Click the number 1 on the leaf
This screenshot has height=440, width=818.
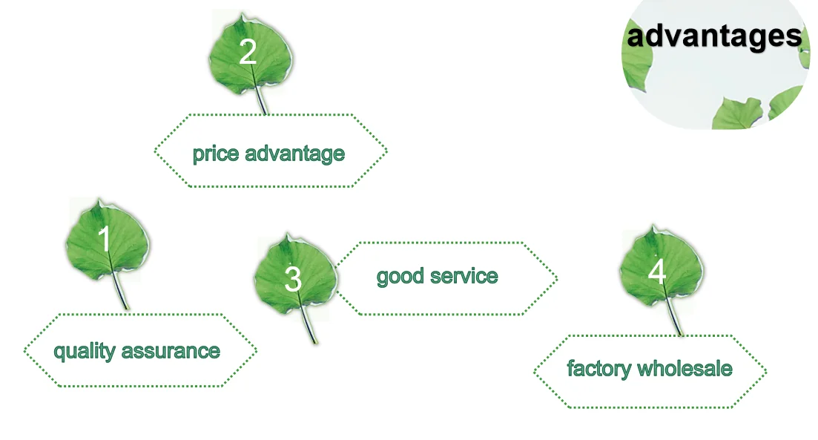[105, 240]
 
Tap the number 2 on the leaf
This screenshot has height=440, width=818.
[248, 53]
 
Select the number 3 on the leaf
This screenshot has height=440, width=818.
[293, 279]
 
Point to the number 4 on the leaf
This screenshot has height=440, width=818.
[657, 272]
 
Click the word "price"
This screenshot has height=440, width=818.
[216, 154]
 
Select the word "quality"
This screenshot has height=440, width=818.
[85, 351]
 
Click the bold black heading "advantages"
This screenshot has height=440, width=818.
[713, 36]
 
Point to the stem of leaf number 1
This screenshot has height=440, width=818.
[121, 295]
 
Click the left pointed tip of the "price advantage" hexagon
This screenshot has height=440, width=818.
[156, 151]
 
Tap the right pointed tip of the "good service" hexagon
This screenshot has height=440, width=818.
[556, 278]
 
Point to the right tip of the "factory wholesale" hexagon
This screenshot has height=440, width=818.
[765, 370]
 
